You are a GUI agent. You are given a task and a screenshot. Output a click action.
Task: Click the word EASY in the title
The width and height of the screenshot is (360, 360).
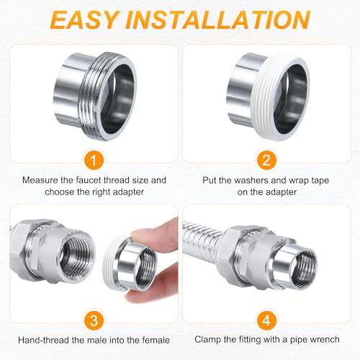click(x=84, y=19)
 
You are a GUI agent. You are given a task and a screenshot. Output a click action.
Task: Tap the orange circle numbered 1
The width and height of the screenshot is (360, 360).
click(x=94, y=160)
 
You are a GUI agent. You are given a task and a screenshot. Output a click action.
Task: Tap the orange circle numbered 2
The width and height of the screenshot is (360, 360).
click(x=266, y=160)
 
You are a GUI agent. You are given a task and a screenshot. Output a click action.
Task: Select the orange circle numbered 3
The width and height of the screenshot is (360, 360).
click(x=94, y=320)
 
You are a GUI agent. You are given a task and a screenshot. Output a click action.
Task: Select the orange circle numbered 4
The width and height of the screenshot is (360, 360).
click(x=266, y=320)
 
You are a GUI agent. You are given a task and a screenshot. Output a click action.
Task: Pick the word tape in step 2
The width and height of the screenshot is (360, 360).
click(x=319, y=181)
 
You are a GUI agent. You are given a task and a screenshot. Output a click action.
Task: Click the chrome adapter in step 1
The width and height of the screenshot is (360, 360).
click(x=95, y=96)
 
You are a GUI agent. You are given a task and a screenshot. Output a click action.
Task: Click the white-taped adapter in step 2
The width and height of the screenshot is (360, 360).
click(x=268, y=96)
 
